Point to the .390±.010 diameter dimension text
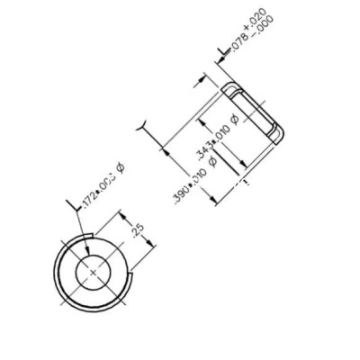tap(188, 184)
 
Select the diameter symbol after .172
tap(120, 167)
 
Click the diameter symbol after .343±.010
tap(235, 119)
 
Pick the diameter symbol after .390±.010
tap(211, 160)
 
